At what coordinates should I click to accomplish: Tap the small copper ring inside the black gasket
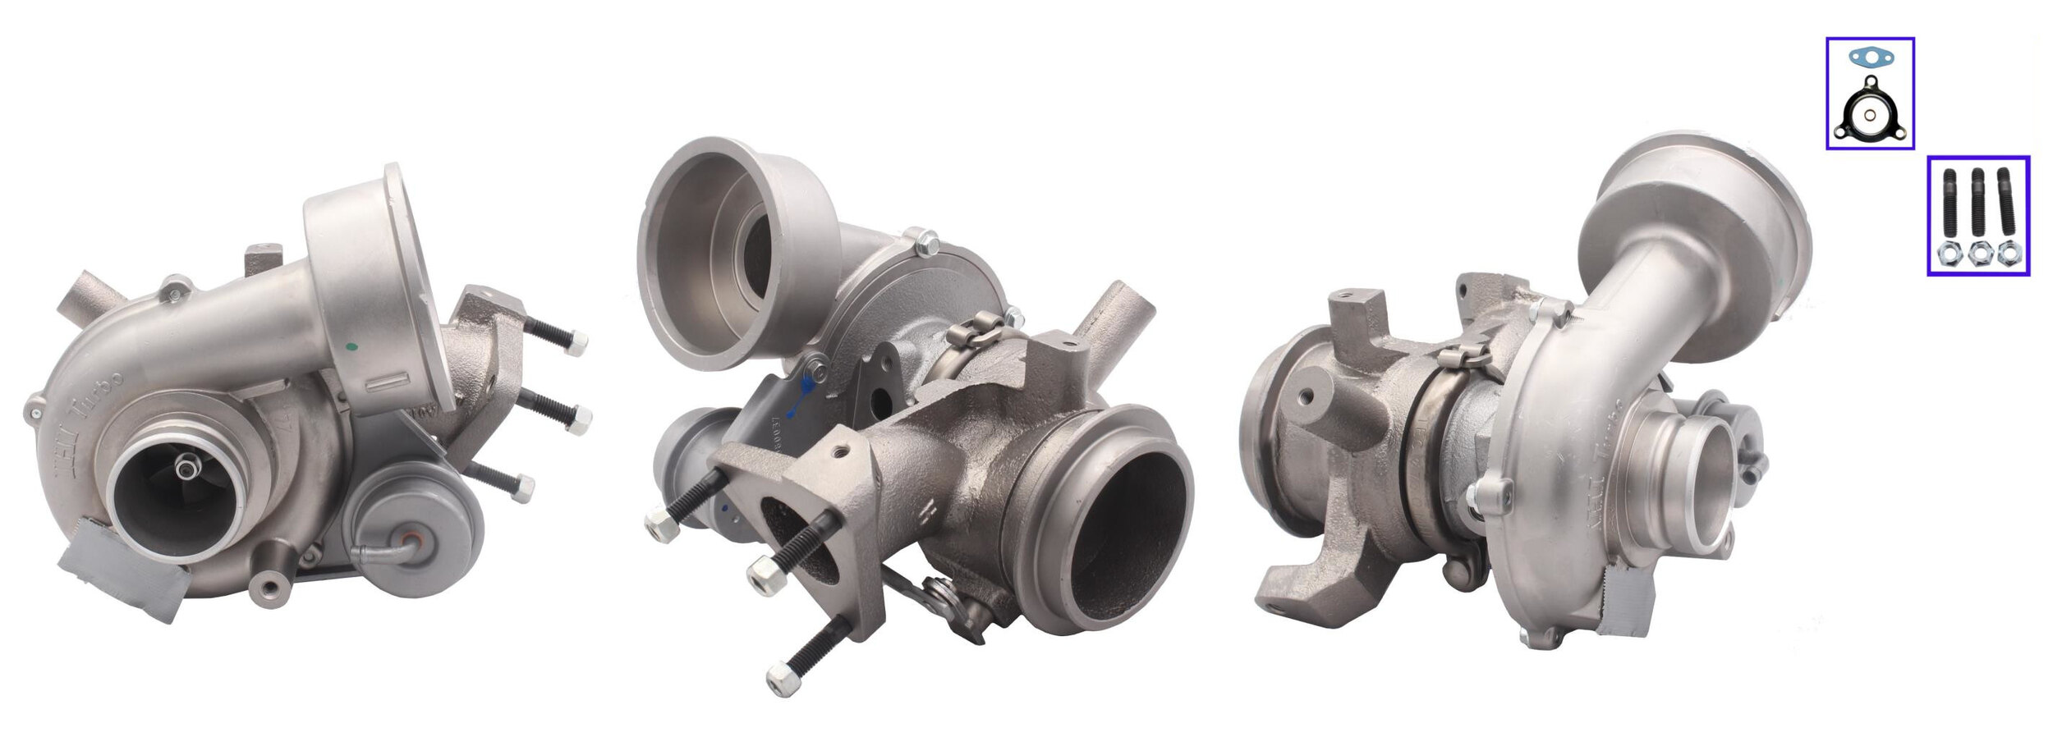[1868, 116]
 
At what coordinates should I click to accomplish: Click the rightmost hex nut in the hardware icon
[2009, 255]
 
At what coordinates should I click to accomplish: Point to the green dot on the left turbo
[352, 347]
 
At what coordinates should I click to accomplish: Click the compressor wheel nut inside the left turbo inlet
[188, 469]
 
